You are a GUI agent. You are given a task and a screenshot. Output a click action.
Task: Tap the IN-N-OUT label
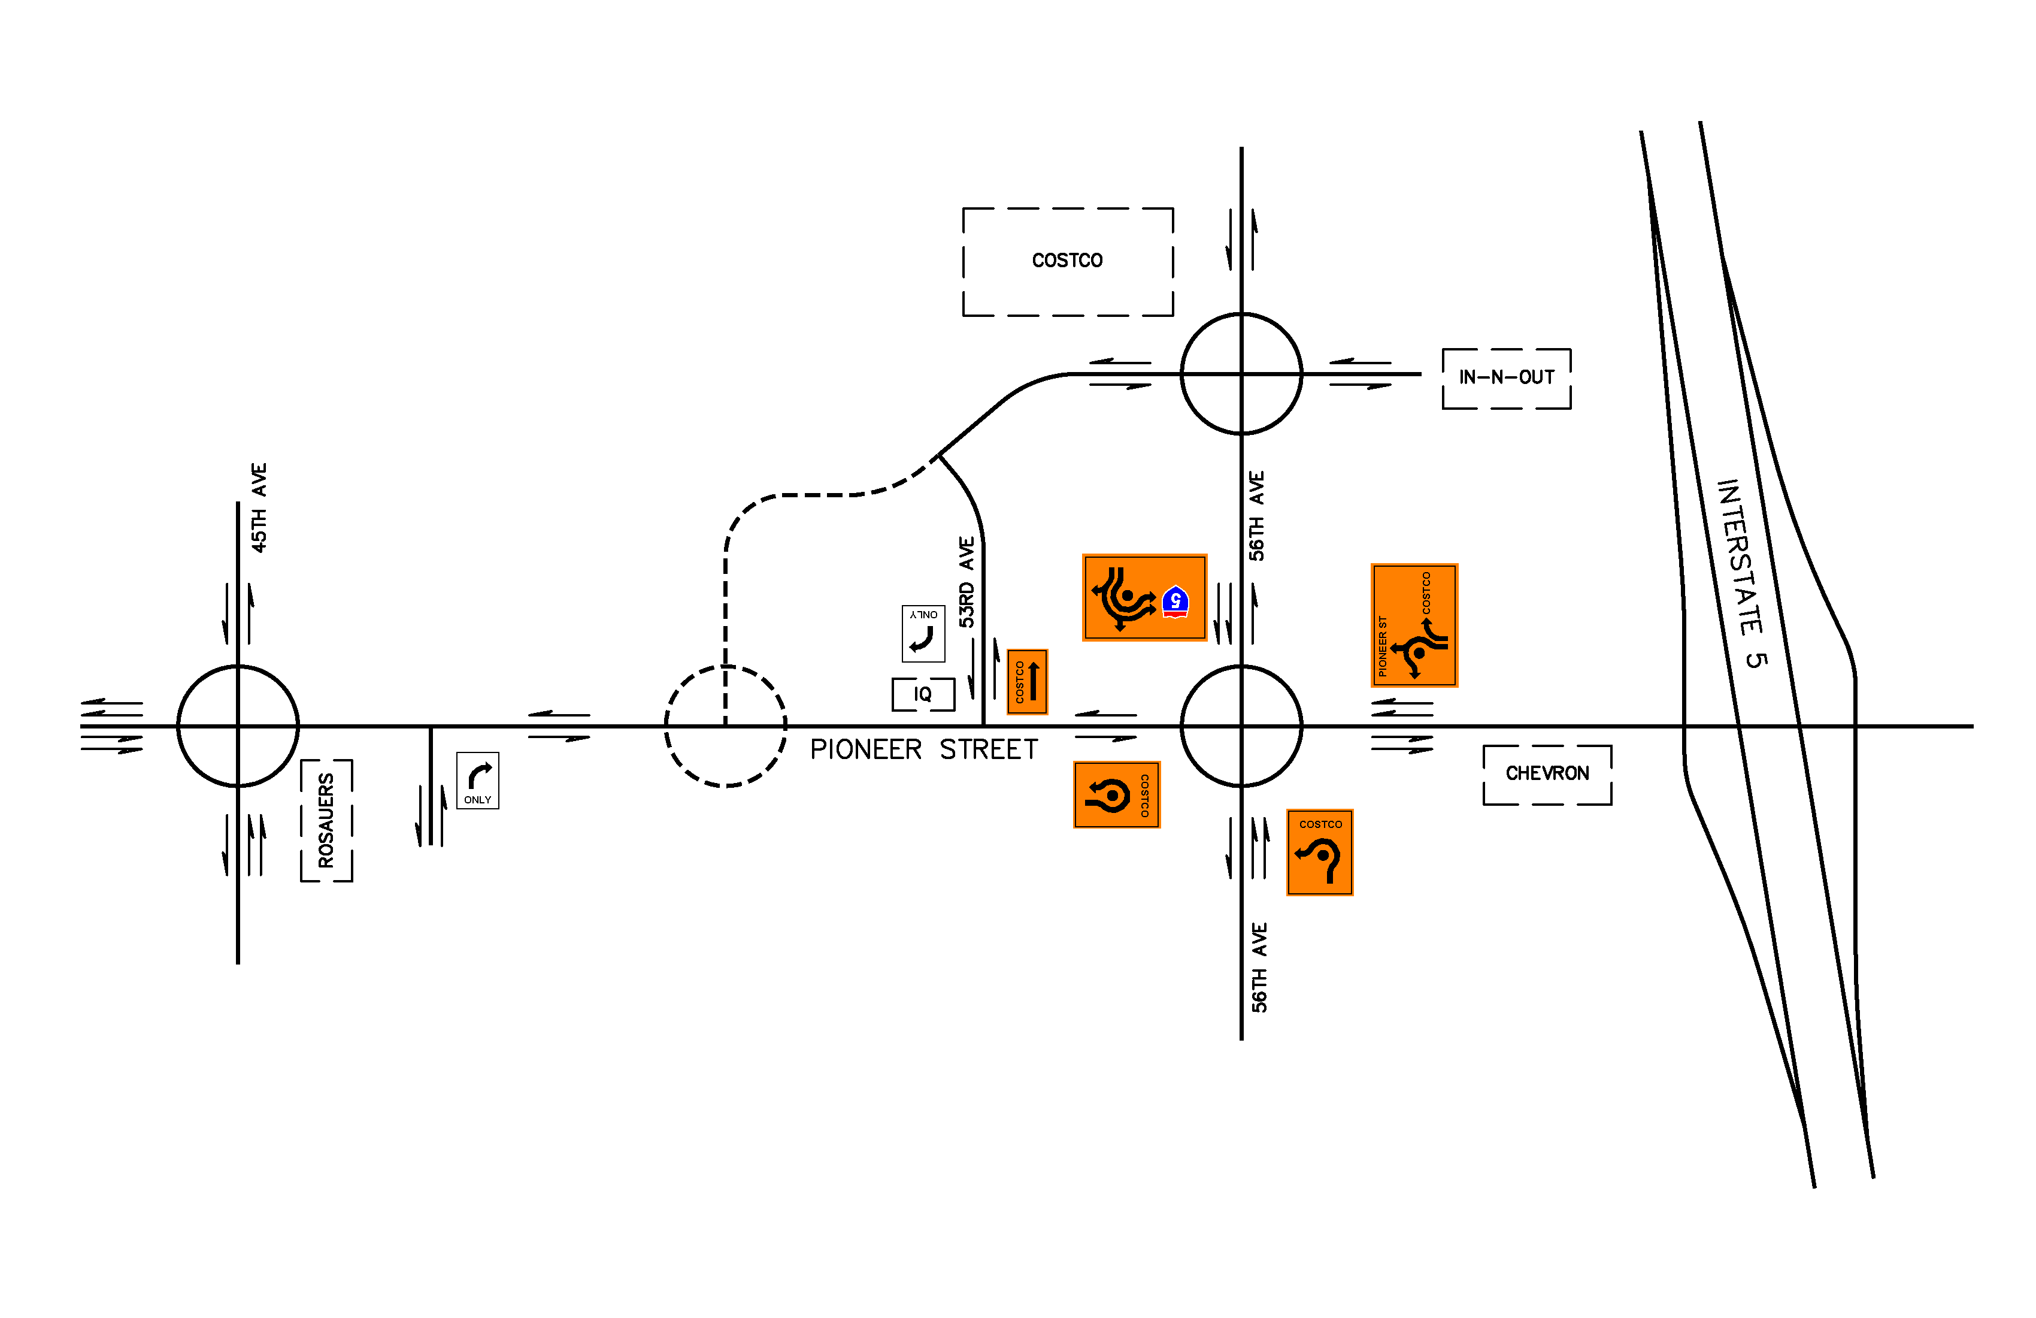coord(1507,377)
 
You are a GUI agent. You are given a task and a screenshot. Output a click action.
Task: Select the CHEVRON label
coord(1547,773)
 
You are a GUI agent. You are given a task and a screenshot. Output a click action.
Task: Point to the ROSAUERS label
coord(326,820)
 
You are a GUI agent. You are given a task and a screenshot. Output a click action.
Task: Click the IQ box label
coord(922,694)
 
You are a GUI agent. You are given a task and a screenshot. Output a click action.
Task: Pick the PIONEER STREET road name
coord(924,749)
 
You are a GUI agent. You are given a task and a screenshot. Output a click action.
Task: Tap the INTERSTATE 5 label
coord(1742,573)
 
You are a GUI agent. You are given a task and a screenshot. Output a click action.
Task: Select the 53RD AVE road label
coord(967,582)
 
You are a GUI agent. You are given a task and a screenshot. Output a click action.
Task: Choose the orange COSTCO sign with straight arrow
coord(1028,682)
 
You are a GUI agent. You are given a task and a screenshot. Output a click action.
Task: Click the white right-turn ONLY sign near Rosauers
coord(477,781)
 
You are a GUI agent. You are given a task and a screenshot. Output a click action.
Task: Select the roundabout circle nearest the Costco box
coord(1241,374)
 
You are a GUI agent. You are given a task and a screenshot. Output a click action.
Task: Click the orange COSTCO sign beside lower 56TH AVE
coord(1320,853)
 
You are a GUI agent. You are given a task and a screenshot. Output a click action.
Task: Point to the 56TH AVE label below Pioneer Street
coord(1259,968)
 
